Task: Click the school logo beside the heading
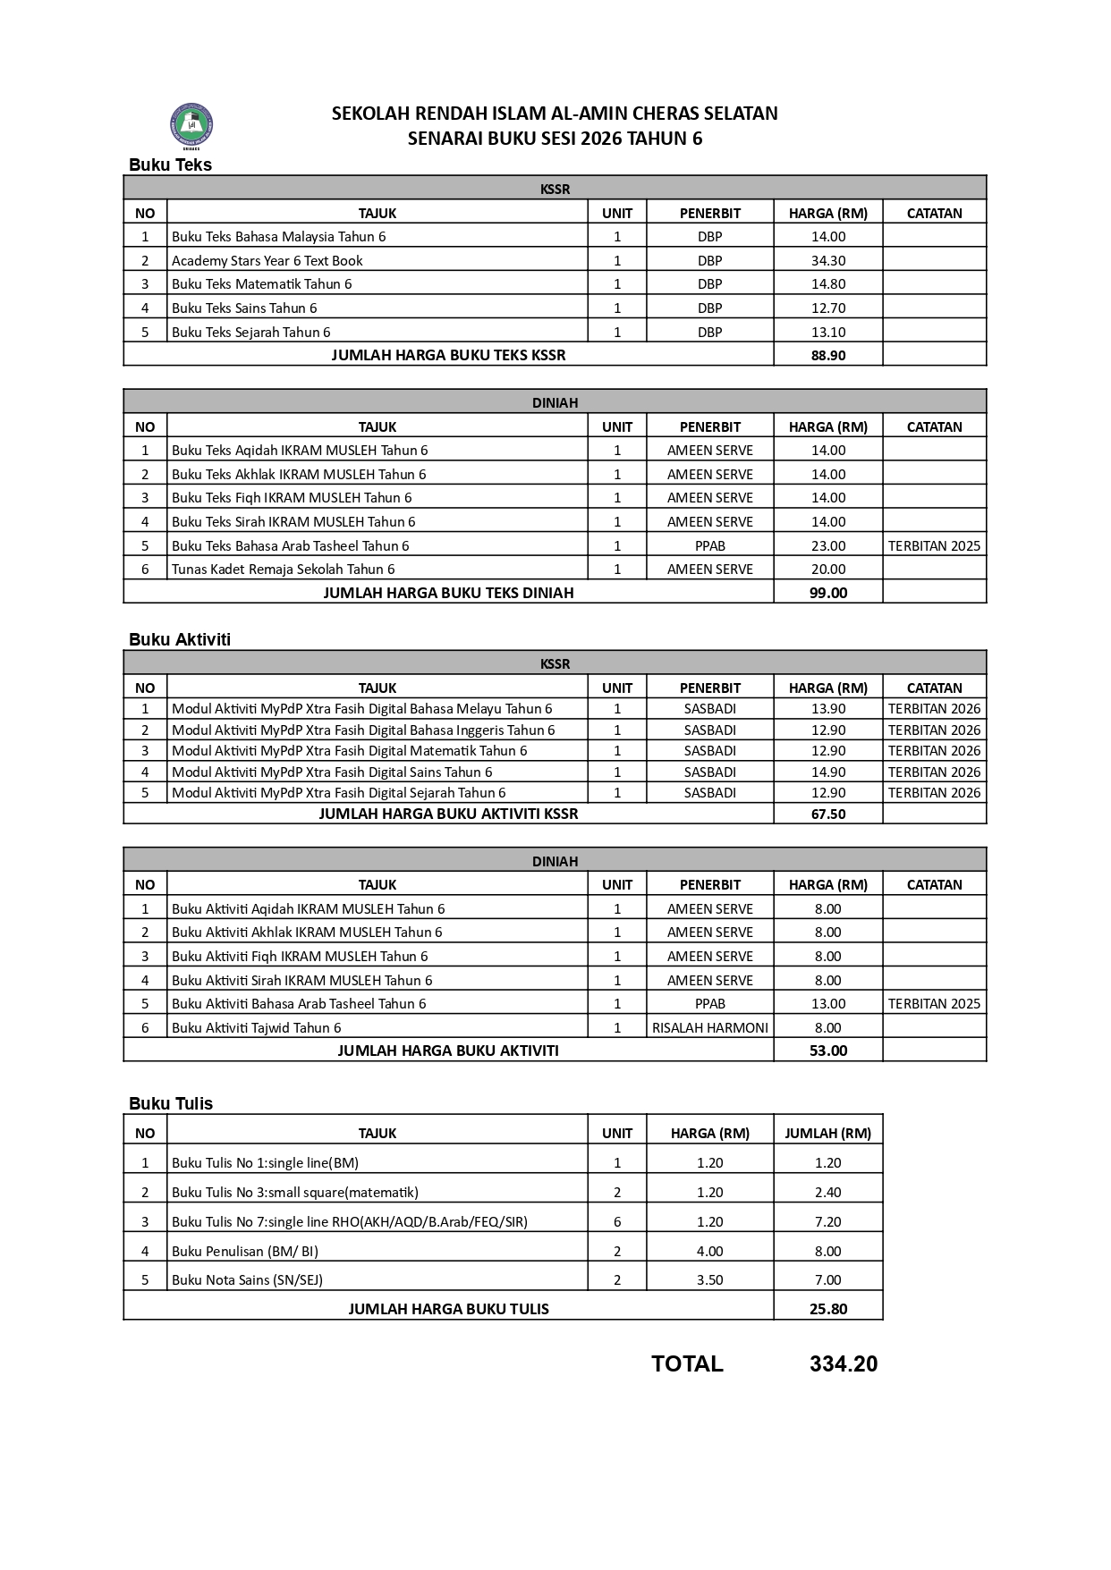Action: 191,124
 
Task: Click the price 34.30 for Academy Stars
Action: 827,261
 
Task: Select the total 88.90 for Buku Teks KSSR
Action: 827,355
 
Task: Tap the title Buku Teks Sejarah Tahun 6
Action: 250,332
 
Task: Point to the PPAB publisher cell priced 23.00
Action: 709,545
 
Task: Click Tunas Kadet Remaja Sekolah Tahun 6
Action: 283,569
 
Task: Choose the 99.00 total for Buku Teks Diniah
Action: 827,593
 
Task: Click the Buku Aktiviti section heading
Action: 180,639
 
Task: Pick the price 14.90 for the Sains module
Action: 827,772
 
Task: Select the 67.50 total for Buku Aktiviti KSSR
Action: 827,814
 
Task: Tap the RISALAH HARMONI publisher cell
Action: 709,1027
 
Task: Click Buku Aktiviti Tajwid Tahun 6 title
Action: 256,1027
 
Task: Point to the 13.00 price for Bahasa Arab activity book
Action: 827,1003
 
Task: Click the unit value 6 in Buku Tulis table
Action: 617,1221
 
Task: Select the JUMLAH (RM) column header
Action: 827,1133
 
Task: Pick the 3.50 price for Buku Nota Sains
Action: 709,1279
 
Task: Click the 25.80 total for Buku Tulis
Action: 827,1309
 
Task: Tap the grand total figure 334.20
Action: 844,1363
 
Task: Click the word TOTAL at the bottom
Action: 687,1363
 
